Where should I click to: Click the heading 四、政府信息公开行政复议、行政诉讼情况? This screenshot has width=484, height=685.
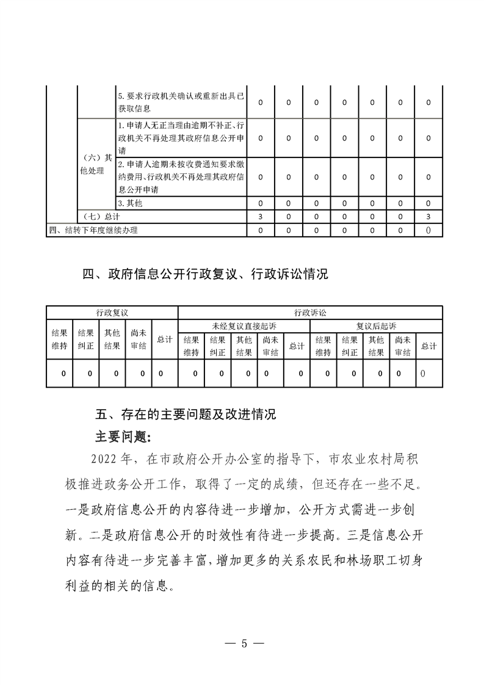coord(205,274)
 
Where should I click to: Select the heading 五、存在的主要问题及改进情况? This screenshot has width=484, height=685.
coord(186,416)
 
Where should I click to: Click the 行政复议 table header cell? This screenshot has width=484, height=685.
coord(112,313)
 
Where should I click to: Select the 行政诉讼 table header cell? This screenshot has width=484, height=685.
coord(310,313)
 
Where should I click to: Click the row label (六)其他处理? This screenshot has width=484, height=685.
coord(96,164)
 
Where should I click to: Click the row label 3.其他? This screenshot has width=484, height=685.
coord(130,203)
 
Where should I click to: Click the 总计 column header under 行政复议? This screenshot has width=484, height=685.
coord(164,339)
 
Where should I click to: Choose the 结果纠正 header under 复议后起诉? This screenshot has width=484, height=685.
coord(350,346)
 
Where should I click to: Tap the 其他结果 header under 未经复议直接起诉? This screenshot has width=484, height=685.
coord(244,346)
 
